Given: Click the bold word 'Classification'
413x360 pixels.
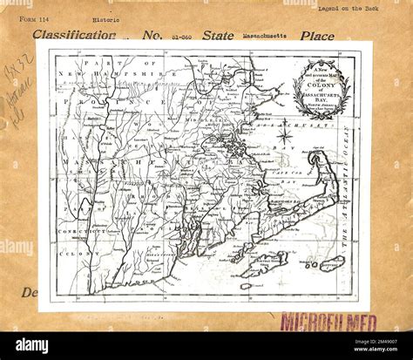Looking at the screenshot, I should pos(74,36).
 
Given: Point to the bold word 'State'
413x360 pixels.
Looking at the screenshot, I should pos(218,36).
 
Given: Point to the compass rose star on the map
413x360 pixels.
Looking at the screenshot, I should pos(284,135).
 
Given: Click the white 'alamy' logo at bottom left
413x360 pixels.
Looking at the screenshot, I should pos(32,344).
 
